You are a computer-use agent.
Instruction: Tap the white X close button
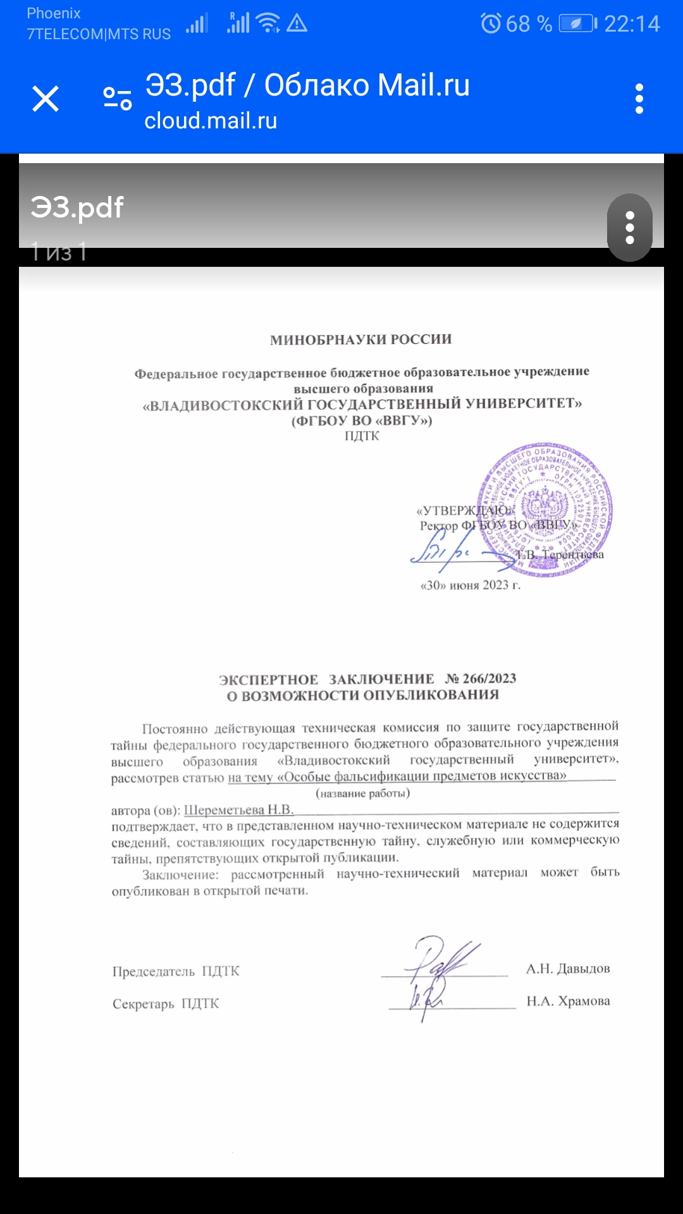[x=46, y=99]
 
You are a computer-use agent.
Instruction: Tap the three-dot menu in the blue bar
[x=639, y=99]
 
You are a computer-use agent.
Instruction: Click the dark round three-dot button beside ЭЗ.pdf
[x=629, y=228]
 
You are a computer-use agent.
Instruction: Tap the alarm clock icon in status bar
[x=491, y=24]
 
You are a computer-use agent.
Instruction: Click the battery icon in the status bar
[x=577, y=24]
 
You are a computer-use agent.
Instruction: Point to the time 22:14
[x=632, y=24]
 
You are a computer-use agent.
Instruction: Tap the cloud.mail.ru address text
[x=211, y=121]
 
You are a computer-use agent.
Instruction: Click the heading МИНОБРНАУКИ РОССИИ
[x=361, y=340]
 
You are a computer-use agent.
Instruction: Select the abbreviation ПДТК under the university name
[x=362, y=436]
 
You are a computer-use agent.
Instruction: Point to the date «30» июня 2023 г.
[x=471, y=586]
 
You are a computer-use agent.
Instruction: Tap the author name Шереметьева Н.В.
[x=238, y=810]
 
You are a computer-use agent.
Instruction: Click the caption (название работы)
[x=362, y=794]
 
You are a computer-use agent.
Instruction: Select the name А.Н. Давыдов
[x=568, y=969]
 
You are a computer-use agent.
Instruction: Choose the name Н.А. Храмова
[x=568, y=1001]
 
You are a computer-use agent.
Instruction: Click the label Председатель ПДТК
[x=176, y=971]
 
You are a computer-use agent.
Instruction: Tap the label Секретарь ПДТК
[x=166, y=1003]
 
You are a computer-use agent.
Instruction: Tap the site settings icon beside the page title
[x=118, y=99]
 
